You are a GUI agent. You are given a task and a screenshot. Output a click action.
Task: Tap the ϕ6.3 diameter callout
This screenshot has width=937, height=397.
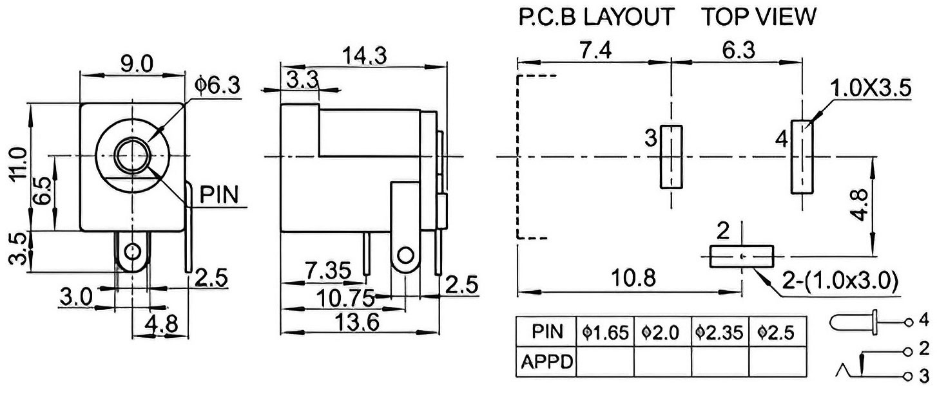pyautogui.click(x=218, y=86)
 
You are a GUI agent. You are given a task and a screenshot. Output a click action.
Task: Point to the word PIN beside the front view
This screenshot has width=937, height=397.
pyautogui.click(x=218, y=194)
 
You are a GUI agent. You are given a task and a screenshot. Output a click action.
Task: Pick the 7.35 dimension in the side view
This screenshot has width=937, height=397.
pyautogui.click(x=328, y=271)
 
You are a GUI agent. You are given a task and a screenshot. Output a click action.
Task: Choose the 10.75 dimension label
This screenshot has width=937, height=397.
pyautogui.click(x=345, y=298)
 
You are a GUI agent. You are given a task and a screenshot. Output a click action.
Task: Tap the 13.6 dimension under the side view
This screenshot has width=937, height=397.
pyautogui.click(x=357, y=322)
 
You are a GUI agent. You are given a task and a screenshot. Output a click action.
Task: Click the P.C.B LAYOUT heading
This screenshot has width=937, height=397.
pyautogui.click(x=596, y=17)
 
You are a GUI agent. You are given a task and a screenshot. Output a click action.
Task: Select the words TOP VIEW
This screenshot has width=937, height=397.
pyautogui.click(x=759, y=17)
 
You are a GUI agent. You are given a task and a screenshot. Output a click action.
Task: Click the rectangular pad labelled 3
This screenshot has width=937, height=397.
pyautogui.click(x=671, y=156)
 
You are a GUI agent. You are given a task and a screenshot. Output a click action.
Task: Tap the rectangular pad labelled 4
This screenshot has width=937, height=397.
pyautogui.click(x=802, y=156)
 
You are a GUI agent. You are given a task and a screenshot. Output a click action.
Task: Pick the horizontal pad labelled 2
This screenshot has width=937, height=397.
pyautogui.click(x=741, y=256)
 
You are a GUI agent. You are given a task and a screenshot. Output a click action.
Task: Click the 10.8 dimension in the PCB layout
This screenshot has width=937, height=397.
pyautogui.click(x=633, y=277)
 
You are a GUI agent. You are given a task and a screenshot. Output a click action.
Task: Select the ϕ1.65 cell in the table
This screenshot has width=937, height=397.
pyautogui.click(x=605, y=332)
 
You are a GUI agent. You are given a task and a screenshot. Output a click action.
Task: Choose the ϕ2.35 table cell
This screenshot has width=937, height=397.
pyautogui.click(x=719, y=332)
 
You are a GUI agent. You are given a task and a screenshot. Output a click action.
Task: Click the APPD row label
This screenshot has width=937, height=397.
pyautogui.click(x=546, y=362)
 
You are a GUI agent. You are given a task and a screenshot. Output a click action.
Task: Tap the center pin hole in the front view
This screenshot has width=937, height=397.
pyautogui.click(x=132, y=155)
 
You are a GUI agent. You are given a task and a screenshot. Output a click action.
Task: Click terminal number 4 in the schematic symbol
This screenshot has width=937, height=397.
pyautogui.click(x=923, y=320)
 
